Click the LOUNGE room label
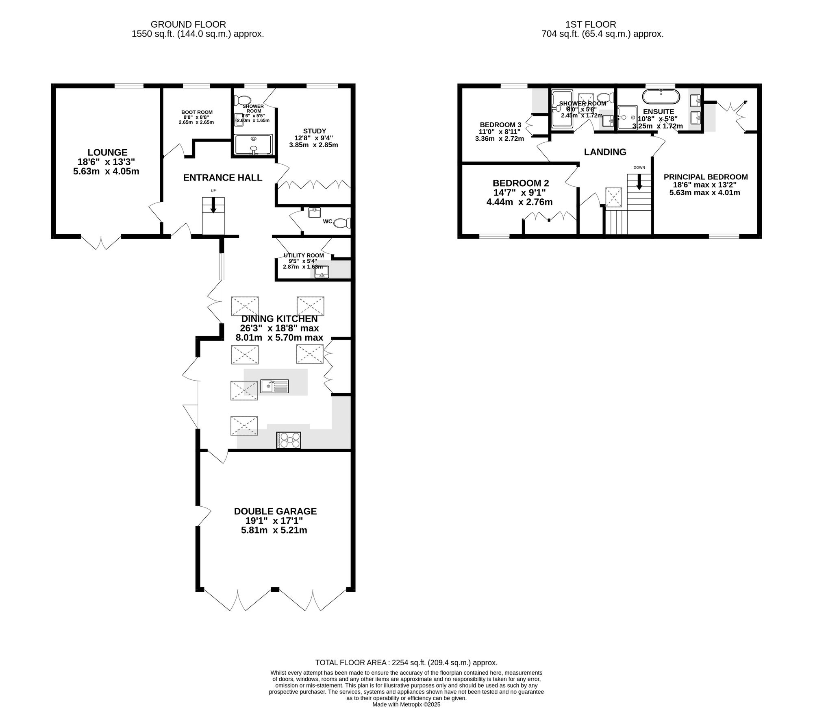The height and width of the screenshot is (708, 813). pyautogui.click(x=107, y=152)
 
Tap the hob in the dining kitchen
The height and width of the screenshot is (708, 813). pyautogui.click(x=289, y=440)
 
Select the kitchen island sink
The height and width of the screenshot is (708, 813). pyautogui.click(x=274, y=386)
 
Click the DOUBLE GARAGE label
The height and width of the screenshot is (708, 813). pyautogui.click(x=275, y=511)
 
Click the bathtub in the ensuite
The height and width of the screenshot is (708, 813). pyautogui.click(x=661, y=97)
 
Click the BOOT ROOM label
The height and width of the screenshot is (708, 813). pyautogui.click(x=197, y=112)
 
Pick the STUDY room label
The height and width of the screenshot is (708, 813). pyautogui.click(x=314, y=131)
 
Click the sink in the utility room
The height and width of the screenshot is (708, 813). pyautogui.click(x=322, y=272)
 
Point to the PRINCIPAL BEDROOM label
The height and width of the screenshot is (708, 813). pyautogui.click(x=705, y=177)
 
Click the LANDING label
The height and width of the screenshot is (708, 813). pyautogui.click(x=605, y=152)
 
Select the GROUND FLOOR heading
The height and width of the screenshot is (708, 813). pyautogui.click(x=188, y=24)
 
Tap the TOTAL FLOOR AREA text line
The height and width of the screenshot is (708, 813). pyautogui.click(x=406, y=662)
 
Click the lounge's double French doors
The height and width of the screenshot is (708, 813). pyautogui.click(x=101, y=242)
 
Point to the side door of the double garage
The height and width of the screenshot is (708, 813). pyautogui.click(x=205, y=515)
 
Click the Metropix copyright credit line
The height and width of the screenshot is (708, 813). pyautogui.click(x=406, y=704)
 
